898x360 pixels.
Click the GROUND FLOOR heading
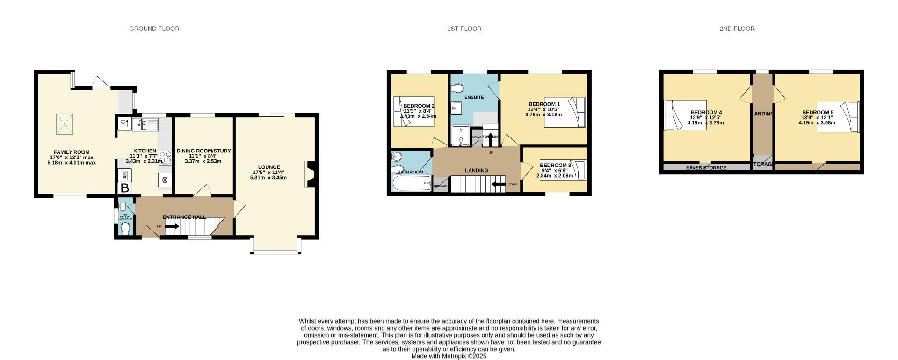click(x=154, y=29)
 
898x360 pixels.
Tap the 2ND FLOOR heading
click(x=737, y=29)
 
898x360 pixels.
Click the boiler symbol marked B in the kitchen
click(x=125, y=188)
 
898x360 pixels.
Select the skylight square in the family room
click(x=65, y=124)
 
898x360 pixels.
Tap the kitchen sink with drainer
click(x=145, y=124)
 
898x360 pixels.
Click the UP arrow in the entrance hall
click(x=171, y=227)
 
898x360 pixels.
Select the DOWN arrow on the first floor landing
click(x=499, y=184)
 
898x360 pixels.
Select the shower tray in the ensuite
click(x=461, y=136)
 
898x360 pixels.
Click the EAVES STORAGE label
click(x=706, y=168)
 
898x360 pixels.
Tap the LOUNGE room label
click(x=269, y=167)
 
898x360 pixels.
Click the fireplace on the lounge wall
click(x=310, y=174)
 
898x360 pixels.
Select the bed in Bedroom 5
click(x=837, y=117)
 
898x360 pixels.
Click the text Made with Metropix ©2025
click(x=449, y=356)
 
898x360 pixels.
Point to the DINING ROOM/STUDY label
click(x=203, y=151)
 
